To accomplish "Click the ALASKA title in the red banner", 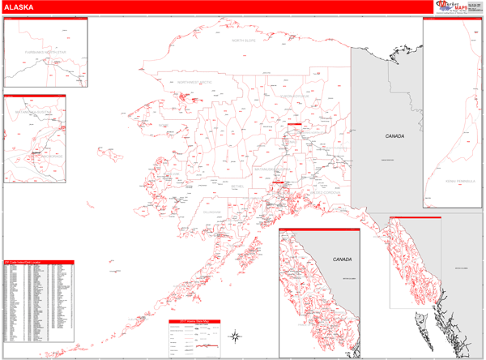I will [19, 6].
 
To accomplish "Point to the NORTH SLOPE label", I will [249, 40].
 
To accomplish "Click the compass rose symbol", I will [234, 335].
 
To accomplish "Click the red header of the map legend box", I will [194, 322].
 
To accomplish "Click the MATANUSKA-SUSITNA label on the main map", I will [273, 169].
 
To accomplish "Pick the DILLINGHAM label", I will [212, 212].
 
